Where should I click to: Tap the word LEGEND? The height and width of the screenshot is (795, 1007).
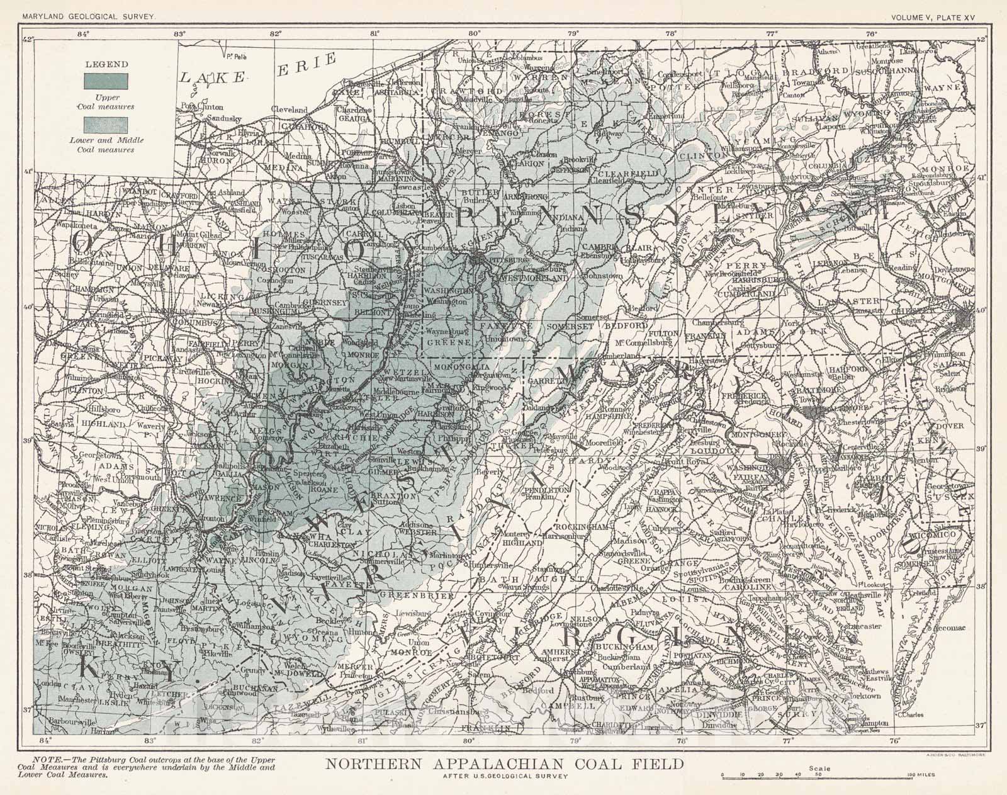(107, 64)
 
